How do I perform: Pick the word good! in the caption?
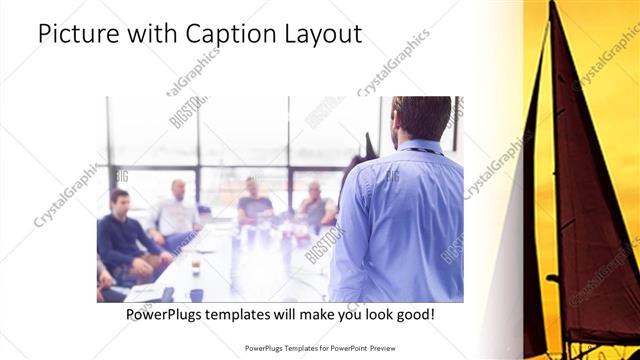click(x=414, y=314)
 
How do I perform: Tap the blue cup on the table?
click(x=196, y=294)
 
